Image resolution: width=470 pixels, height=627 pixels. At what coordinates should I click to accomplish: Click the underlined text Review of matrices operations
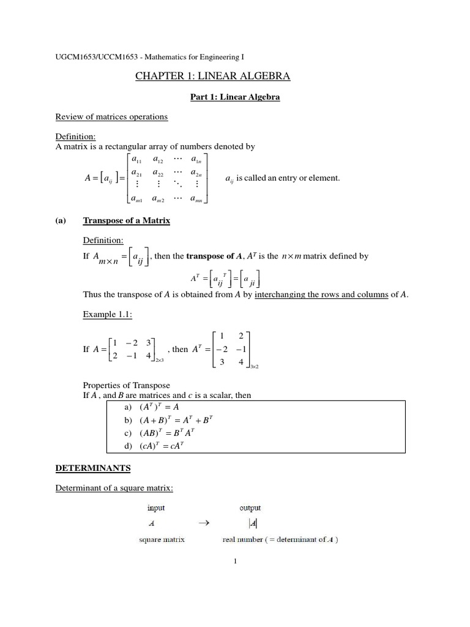tap(111, 116)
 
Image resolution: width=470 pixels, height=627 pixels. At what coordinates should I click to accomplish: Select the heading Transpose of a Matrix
tap(126, 220)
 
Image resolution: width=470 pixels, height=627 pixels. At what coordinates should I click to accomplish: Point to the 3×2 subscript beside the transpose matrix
tap(255, 366)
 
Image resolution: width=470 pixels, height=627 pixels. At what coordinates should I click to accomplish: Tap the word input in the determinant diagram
tap(156, 508)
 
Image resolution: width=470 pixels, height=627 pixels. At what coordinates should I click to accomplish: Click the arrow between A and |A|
tap(204, 523)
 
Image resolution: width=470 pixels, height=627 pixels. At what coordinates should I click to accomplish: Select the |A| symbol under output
tap(253, 524)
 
